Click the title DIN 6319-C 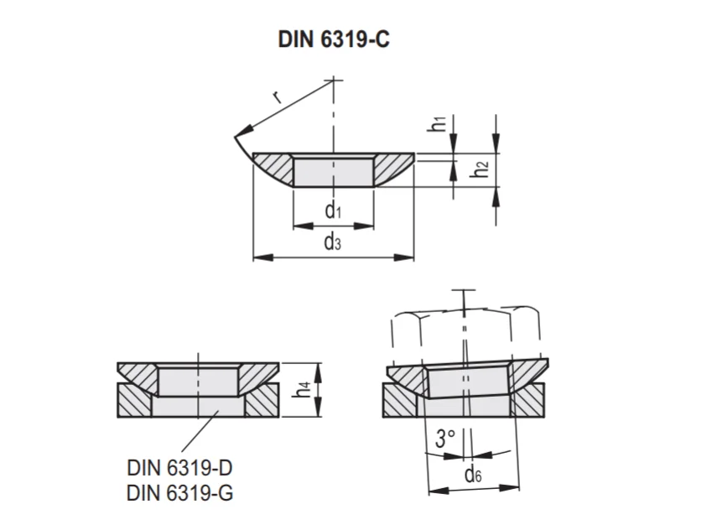(x=334, y=40)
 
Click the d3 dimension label (x=334, y=243)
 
